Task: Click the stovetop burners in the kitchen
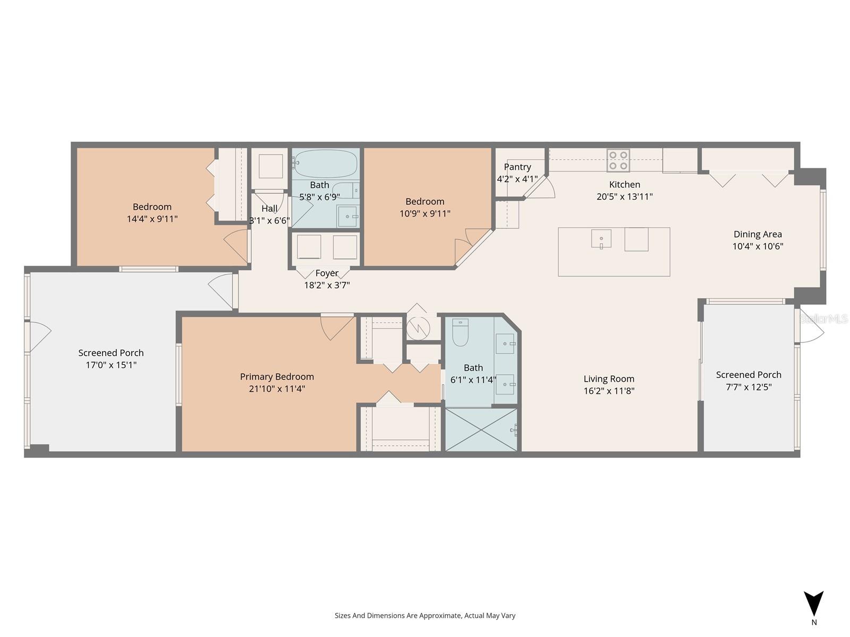click(618, 160)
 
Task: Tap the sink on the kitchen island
click(601, 239)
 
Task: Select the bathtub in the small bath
click(325, 163)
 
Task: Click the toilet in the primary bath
click(460, 332)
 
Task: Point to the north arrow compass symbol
click(813, 605)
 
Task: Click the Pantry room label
click(517, 167)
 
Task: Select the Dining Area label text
click(758, 234)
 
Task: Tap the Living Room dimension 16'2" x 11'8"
click(609, 391)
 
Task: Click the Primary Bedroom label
click(277, 376)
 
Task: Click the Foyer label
click(327, 273)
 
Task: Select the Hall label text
click(269, 209)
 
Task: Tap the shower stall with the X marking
click(481, 430)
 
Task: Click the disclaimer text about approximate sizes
click(424, 616)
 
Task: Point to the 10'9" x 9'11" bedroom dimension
click(425, 213)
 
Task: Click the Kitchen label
click(624, 184)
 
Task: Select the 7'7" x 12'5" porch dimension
click(749, 387)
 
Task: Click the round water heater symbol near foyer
click(418, 328)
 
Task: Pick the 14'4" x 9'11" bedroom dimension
click(152, 219)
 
